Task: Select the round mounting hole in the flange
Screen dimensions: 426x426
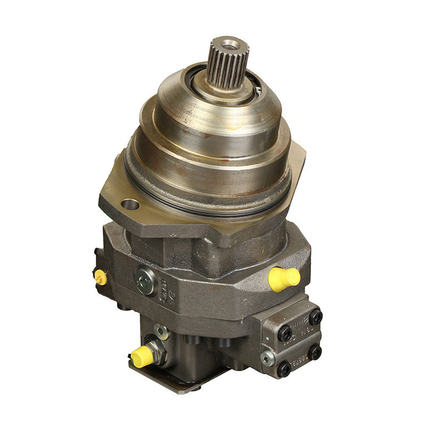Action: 130,204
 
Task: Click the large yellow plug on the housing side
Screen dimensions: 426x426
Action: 282,278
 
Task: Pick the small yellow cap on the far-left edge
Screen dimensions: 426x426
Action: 100,277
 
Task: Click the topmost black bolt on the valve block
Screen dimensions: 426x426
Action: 316,317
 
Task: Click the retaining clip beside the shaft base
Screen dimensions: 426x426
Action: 258,91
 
